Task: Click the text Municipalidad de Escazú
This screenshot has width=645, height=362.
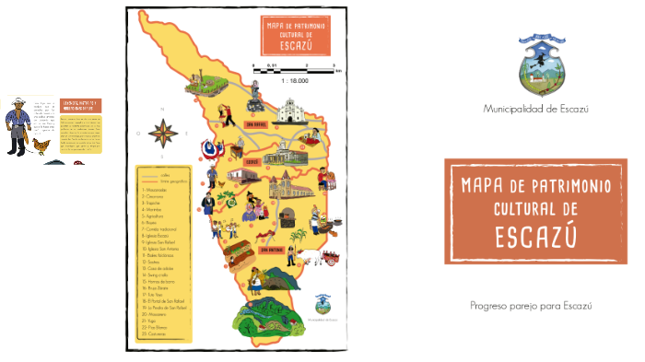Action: [x=535, y=109]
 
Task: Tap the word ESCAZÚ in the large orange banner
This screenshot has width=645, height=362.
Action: [x=535, y=237]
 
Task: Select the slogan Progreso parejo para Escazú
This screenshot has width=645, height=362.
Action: [x=530, y=305]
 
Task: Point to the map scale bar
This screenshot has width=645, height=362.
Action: [x=295, y=65]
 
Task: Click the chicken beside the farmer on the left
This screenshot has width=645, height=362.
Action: [x=40, y=145]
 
